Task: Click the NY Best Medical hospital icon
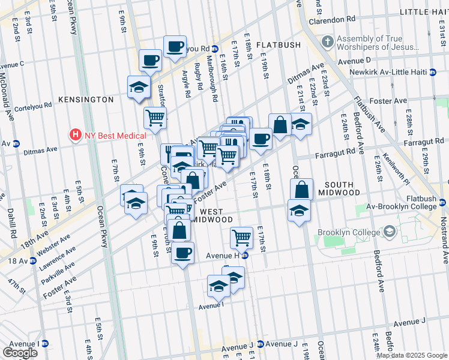coord(76,134)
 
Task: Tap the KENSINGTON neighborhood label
coord(86,99)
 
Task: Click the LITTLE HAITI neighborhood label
coord(423,12)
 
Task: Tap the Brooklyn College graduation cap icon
coord(389,232)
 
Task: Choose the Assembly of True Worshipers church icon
coord(327,41)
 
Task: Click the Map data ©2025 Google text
coord(412,355)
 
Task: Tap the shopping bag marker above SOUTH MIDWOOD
coord(302,189)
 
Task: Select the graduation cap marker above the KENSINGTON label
coord(139,86)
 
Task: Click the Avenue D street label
coord(354,61)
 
